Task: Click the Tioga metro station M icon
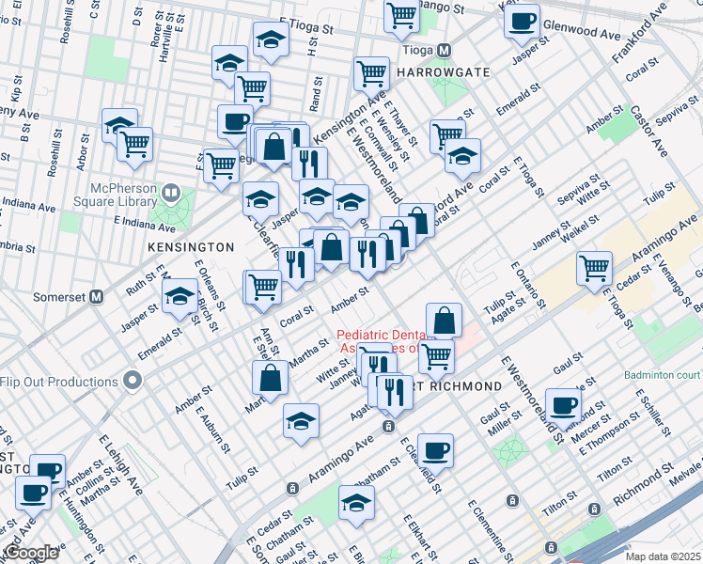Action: click(x=445, y=50)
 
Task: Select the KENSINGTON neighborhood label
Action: click(x=190, y=246)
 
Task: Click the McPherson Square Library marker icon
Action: click(x=171, y=193)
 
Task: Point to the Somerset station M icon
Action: click(x=94, y=295)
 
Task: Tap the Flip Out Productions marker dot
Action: click(x=133, y=382)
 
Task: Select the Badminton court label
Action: click(x=662, y=374)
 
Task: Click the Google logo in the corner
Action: click(x=30, y=553)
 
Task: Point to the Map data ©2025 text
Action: click(x=662, y=556)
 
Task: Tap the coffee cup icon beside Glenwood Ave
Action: click(x=522, y=21)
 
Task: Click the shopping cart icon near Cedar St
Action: click(x=595, y=268)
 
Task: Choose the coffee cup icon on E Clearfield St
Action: click(x=435, y=450)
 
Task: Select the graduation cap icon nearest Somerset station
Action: click(x=179, y=297)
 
